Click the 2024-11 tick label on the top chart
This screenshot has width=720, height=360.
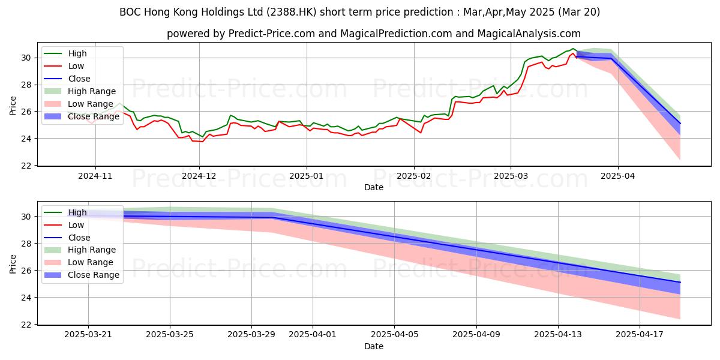tap(95, 176)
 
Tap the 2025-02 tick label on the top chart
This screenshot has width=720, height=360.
tap(414, 176)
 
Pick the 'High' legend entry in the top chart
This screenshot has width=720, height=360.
tap(77, 53)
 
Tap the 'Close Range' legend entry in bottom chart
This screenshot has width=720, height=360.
tap(94, 275)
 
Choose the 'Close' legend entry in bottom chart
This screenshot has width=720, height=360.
tap(79, 238)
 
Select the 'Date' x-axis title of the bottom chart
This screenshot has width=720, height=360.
tap(373, 346)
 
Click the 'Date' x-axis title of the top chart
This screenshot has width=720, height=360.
tap(373, 187)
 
